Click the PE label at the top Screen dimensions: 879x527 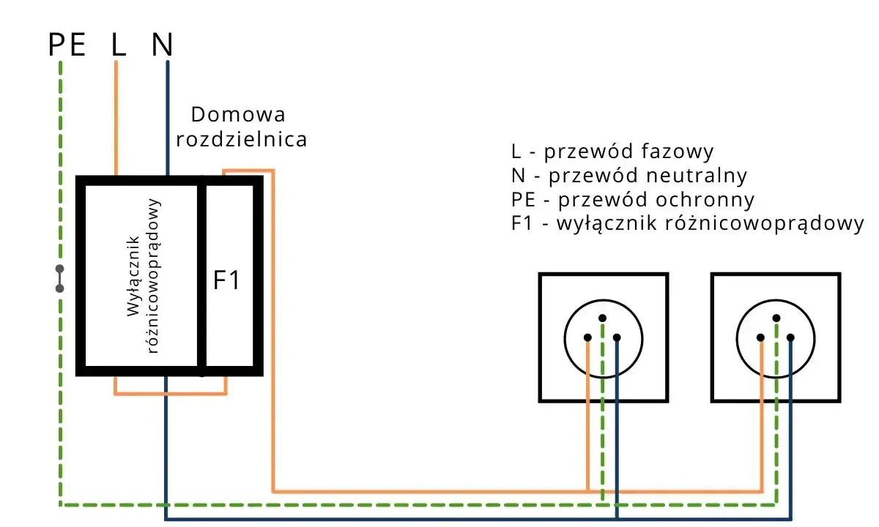(67, 45)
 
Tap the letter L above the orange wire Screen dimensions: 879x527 (119, 45)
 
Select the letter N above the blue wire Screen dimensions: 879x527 (162, 45)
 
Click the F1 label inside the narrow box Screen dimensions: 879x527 (226, 280)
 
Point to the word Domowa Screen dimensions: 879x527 (238, 114)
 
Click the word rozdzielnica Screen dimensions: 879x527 (241, 139)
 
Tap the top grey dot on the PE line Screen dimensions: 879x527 (59, 269)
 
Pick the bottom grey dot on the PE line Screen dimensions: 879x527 (59, 288)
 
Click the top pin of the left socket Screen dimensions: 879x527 (602, 318)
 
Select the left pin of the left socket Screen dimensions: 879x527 (587, 337)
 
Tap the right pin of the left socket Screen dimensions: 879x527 (617, 337)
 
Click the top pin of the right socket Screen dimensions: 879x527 (776, 318)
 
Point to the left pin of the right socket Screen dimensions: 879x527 (760, 337)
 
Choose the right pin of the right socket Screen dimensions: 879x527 (790, 337)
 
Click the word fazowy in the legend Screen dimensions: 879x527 (678, 152)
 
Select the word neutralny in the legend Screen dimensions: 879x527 (697, 175)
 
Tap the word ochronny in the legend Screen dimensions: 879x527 (705, 200)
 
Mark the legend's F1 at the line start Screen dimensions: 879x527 (522, 223)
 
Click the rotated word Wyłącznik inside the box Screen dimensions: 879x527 (133, 276)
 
